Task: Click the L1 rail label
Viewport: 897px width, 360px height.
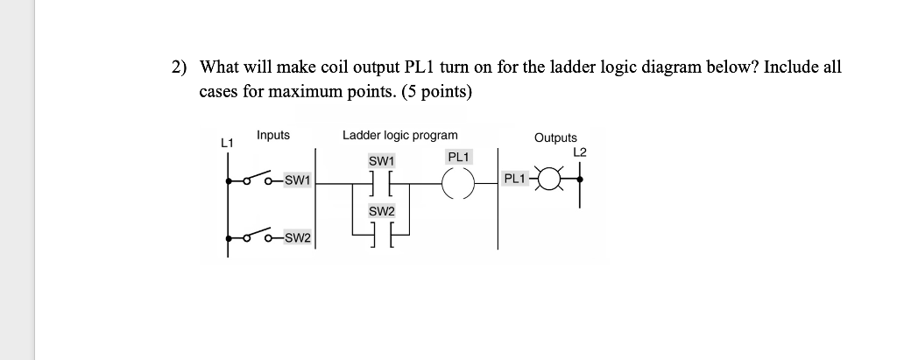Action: (x=227, y=141)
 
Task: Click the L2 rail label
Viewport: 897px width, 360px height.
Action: (x=579, y=152)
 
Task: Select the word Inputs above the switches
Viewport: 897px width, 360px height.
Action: (x=273, y=135)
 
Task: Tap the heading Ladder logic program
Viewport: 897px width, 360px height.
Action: (x=399, y=135)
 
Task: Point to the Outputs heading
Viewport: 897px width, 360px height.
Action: (x=555, y=138)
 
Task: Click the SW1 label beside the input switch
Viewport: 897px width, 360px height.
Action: (x=299, y=181)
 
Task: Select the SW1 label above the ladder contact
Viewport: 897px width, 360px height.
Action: (x=382, y=162)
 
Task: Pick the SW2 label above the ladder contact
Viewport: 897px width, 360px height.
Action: (x=382, y=211)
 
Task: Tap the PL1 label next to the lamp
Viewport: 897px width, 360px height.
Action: (x=514, y=180)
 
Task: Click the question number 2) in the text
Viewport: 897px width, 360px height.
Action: (x=180, y=67)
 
